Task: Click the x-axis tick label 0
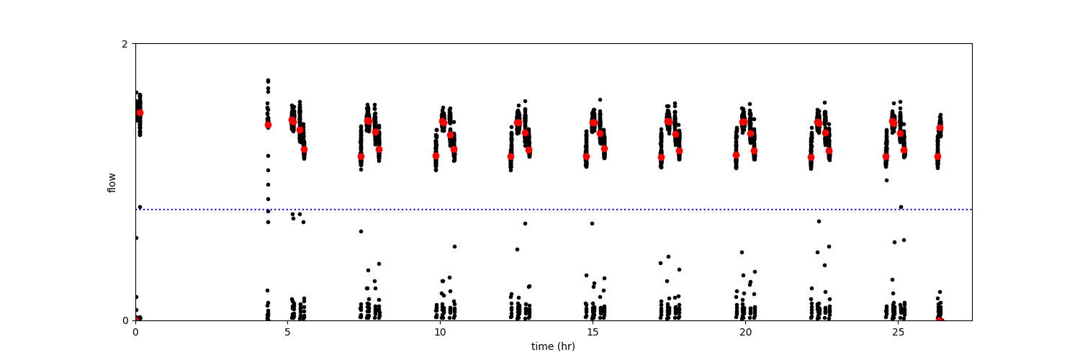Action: [x=135, y=333]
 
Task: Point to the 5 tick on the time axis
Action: [x=287, y=333]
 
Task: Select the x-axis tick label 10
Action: [x=440, y=333]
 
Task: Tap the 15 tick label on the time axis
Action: [x=593, y=333]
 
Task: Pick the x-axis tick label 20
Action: [x=745, y=333]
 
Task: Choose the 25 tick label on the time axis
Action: [x=898, y=333]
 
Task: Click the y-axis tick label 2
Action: [x=125, y=44]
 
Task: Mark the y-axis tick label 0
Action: [x=125, y=320]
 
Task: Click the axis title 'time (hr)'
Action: [x=553, y=346]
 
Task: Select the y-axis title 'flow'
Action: [x=112, y=182]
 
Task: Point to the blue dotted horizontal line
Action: [x=504, y=210]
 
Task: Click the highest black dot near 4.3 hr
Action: [x=268, y=80]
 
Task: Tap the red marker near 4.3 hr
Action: [x=268, y=125]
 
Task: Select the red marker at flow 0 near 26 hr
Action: [x=940, y=320]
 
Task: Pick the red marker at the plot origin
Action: [x=136, y=320]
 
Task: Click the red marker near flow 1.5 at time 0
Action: [x=140, y=112]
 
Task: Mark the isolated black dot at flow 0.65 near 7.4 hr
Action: [x=361, y=231]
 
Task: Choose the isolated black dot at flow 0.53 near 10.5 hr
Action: [x=454, y=246]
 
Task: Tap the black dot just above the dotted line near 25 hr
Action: [x=901, y=207]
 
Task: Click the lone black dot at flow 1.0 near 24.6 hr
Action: [x=886, y=180]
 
